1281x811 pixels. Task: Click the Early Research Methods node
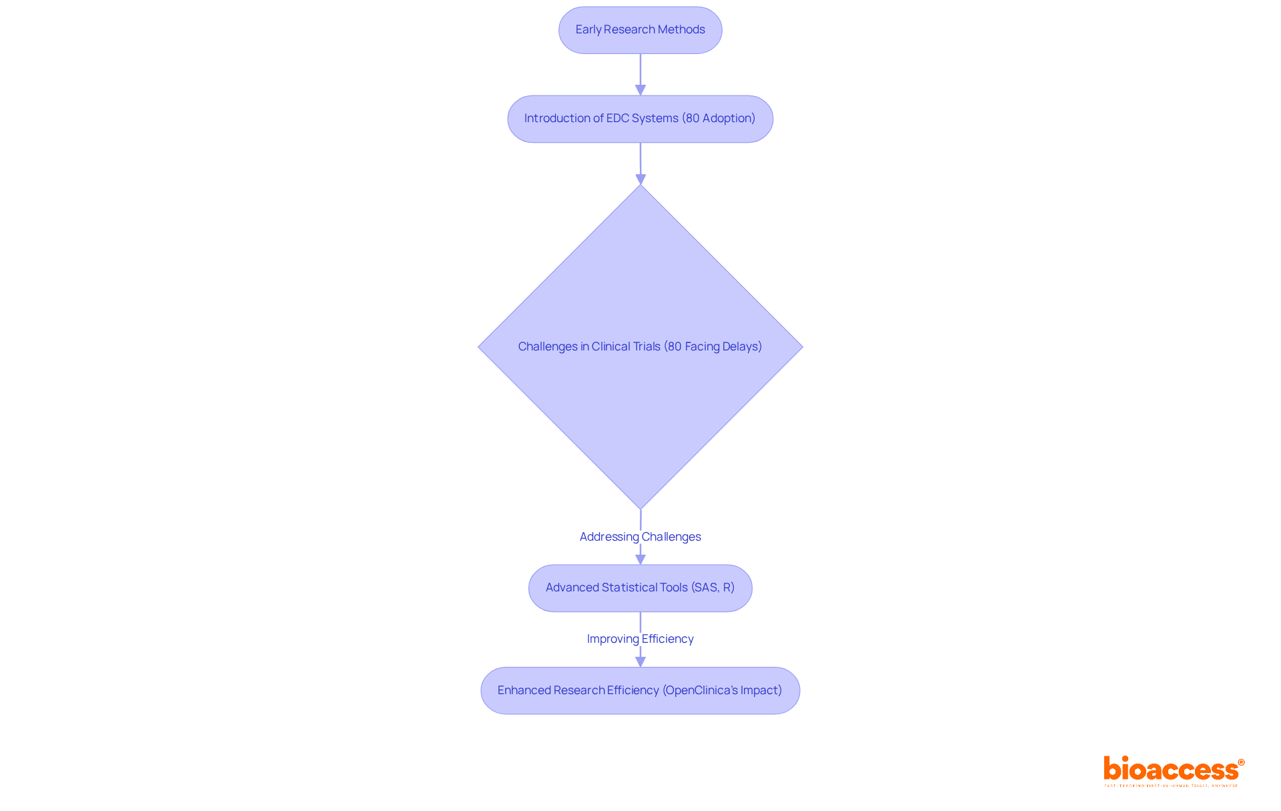pyautogui.click(x=640, y=30)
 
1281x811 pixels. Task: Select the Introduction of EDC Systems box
pyautogui.click(x=640, y=119)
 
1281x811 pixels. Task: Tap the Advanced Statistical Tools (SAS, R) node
pyautogui.click(x=640, y=588)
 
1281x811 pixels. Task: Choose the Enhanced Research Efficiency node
pyautogui.click(x=640, y=691)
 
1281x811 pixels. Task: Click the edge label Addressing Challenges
pyautogui.click(x=640, y=537)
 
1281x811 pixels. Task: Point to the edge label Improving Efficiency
pyautogui.click(x=640, y=639)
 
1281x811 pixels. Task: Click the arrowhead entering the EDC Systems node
pyautogui.click(x=640, y=90)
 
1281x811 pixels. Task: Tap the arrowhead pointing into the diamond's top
pyautogui.click(x=640, y=180)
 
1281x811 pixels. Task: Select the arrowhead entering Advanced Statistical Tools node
pyautogui.click(x=640, y=559)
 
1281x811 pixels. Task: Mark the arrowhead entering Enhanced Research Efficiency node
pyautogui.click(x=640, y=661)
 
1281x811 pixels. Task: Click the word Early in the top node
pyautogui.click(x=588, y=29)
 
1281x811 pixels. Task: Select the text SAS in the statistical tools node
pyautogui.click(x=705, y=587)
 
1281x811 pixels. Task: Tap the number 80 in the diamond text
pyautogui.click(x=675, y=346)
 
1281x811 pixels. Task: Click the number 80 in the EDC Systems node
pyautogui.click(x=693, y=118)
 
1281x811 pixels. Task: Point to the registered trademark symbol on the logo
pyautogui.click(x=1241, y=762)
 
